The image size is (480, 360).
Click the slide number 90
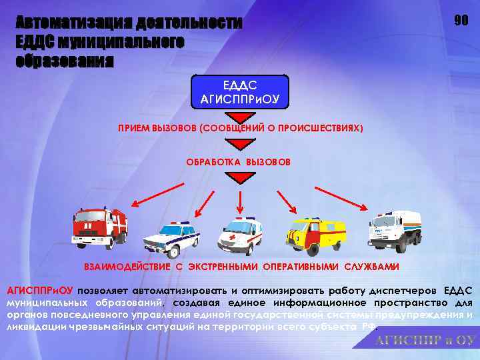coord(461,21)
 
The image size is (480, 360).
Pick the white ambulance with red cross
coord(240,235)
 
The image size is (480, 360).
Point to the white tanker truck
coord(394,230)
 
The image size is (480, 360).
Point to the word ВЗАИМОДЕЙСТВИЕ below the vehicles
coord(126,267)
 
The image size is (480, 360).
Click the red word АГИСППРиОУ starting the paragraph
coord(40,291)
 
